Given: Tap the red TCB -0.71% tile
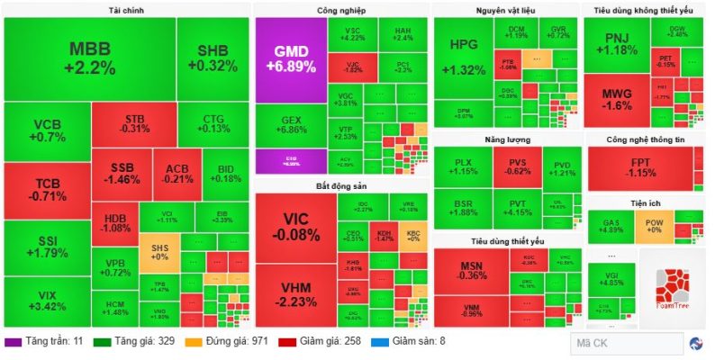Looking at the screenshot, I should [46, 189].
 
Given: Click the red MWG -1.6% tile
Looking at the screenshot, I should [616, 99].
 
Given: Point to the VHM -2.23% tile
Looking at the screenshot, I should [295, 292].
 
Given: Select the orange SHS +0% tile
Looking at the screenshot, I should [158, 251].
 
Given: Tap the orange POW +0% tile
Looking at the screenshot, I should [655, 223].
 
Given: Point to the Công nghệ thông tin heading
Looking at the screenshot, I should [645, 139].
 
